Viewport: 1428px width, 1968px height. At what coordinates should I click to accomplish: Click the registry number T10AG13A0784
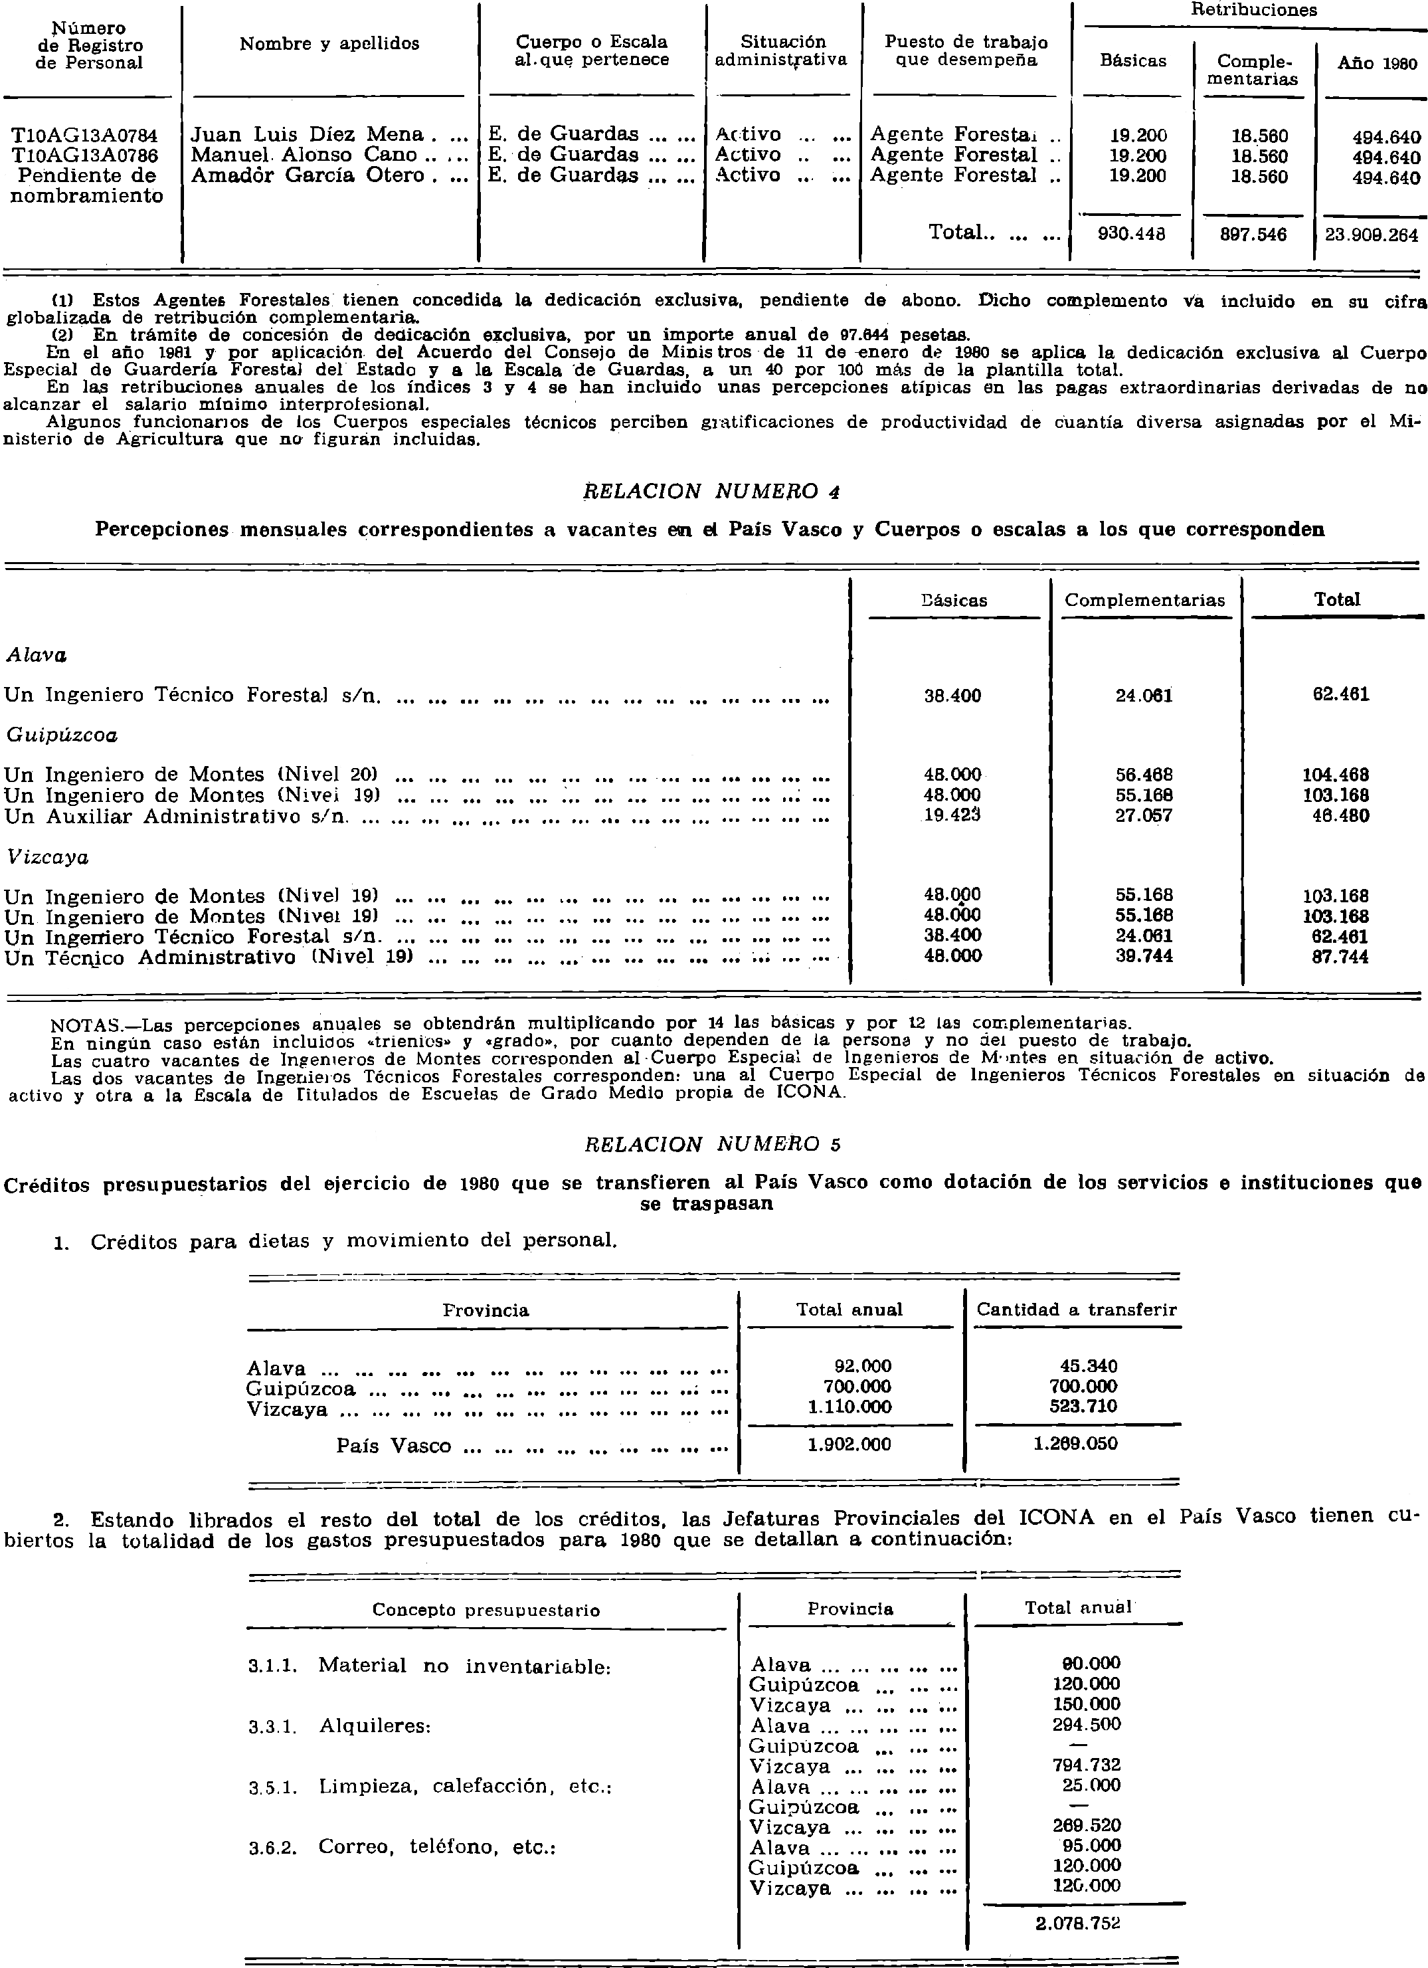84,136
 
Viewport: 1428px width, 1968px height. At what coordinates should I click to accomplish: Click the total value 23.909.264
1371,235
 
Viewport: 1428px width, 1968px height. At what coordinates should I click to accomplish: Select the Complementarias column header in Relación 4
1144,599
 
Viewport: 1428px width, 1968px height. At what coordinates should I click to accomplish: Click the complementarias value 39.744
1144,956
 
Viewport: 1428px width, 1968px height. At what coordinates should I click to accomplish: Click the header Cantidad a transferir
1076,1310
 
